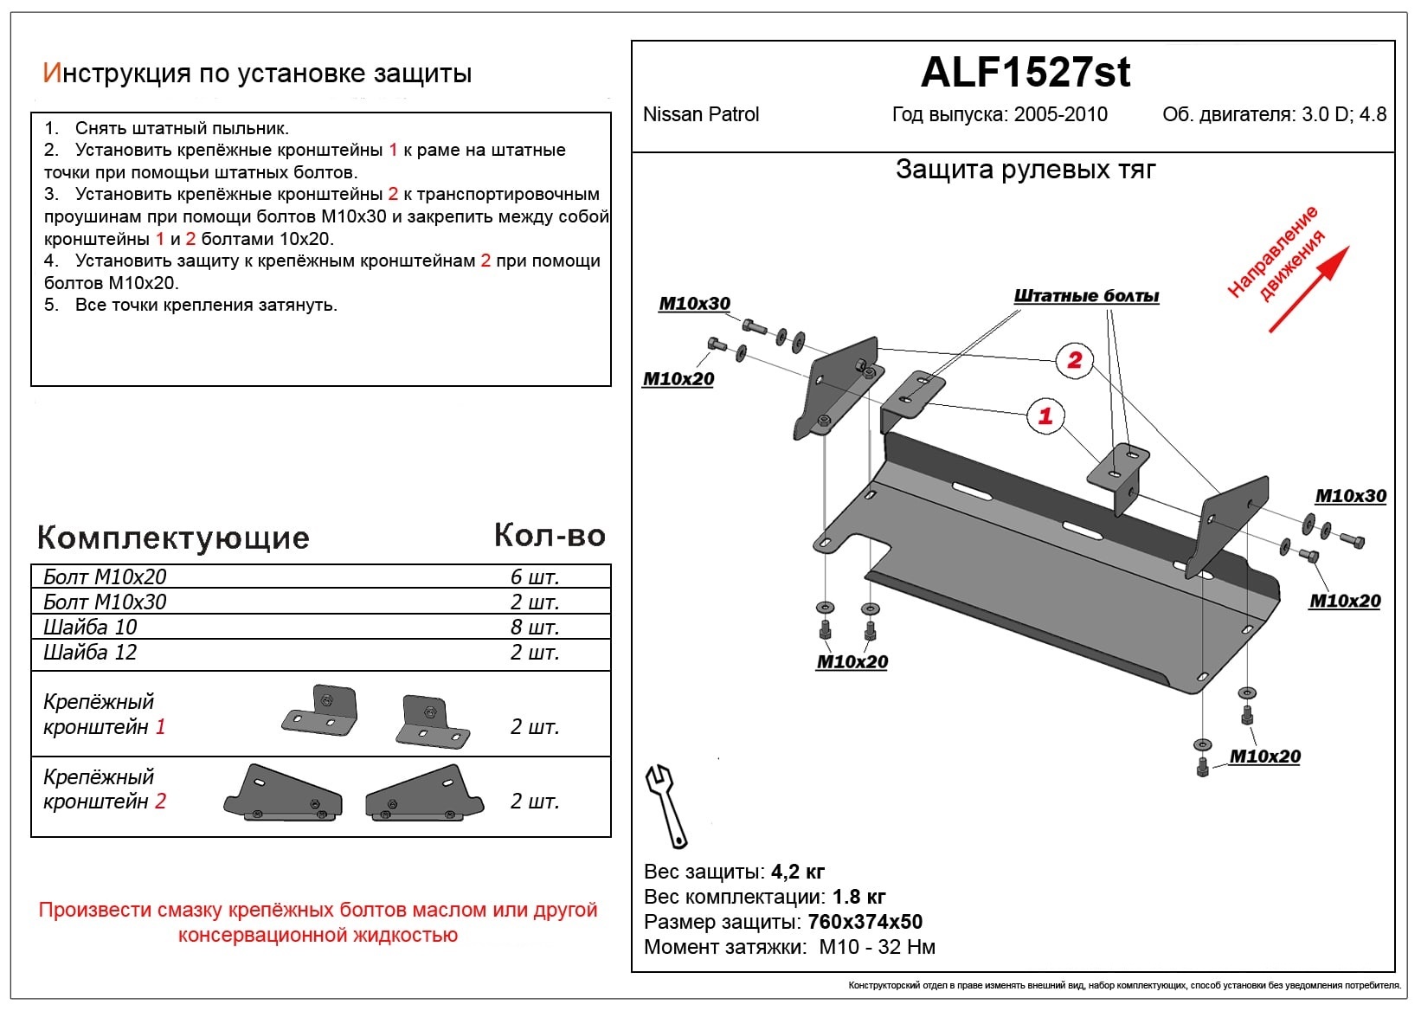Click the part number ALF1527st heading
[1025, 73]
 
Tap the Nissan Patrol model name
[701, 114]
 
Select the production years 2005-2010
[1060, 114]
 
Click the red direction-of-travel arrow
[1308, 290]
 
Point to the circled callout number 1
[1045, 415]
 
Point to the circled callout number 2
[1074, 360]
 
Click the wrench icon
[665, 804]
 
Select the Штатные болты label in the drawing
[1086, 296]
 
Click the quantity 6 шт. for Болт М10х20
[535, 577]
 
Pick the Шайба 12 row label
[90, 653]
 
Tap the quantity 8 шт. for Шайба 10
[535, 628]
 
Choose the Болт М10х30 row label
[105, 602]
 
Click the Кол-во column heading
[550, 536]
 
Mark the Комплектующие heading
[173, 538]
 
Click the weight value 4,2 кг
[797, 872]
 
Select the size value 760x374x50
[865, 922]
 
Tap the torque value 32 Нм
[906, 947]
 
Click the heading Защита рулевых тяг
[1026, 170]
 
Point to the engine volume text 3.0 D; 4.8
[1344, 114]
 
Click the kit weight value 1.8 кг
[858, 897]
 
